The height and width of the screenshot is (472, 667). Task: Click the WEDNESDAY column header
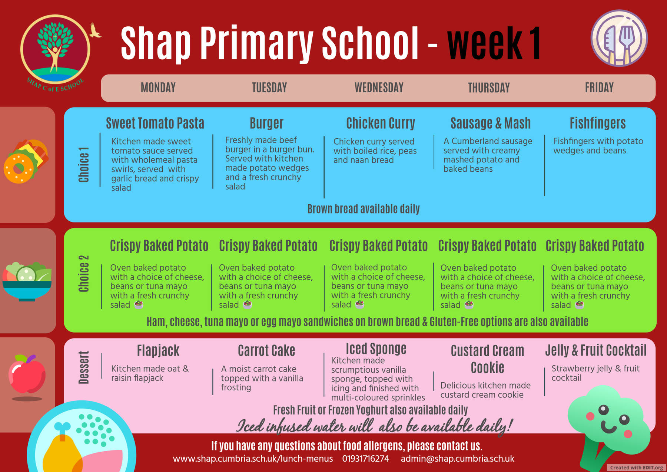point(379,88)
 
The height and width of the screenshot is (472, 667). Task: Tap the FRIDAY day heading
point(599,88)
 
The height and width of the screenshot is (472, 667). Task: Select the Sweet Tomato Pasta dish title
point(155,123)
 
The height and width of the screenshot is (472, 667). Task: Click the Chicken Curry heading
point(381,123)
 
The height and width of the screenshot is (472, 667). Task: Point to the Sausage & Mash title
point(491,123)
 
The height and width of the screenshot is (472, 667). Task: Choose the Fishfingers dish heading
point(597,123)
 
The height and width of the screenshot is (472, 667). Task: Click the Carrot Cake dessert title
point(266,350)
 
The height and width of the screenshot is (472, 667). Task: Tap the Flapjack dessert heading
point(158,351)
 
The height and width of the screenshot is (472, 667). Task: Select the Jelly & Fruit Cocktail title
point(595,350)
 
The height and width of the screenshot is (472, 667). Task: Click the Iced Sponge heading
point(376,349)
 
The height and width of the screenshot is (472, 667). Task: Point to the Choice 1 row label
point(84,165)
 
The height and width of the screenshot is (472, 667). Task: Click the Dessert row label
point(84,367)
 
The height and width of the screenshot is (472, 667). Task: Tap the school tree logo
point(56,50)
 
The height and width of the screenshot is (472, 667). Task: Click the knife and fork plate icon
point(619,38)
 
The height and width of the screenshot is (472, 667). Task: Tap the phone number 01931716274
point(365,459)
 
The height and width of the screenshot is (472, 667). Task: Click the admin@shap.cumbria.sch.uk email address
point(457,459)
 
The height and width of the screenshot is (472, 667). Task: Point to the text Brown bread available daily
point(364,209)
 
